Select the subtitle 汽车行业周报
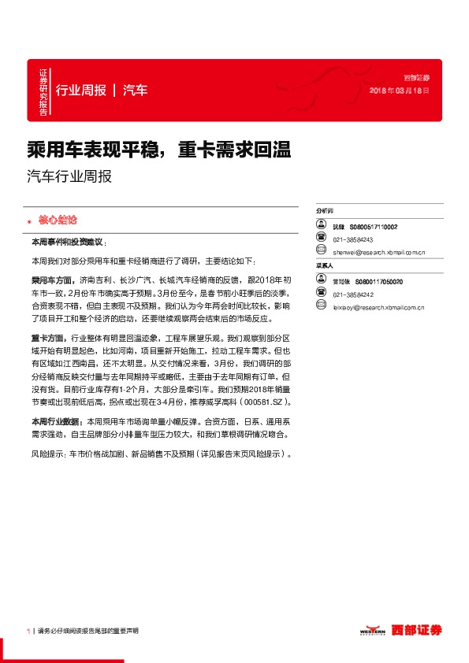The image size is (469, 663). [69, 176]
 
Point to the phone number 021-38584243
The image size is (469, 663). [353, 240]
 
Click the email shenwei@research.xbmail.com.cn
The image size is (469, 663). [379, 253]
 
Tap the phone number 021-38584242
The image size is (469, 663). [353, 293]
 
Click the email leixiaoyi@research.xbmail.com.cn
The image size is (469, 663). [379, 306]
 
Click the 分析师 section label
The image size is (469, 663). [325, 212]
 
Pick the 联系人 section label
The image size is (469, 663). [325, 266]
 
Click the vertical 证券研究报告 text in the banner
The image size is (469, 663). [43, 91]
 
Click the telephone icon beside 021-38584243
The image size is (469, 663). [322, 239]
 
